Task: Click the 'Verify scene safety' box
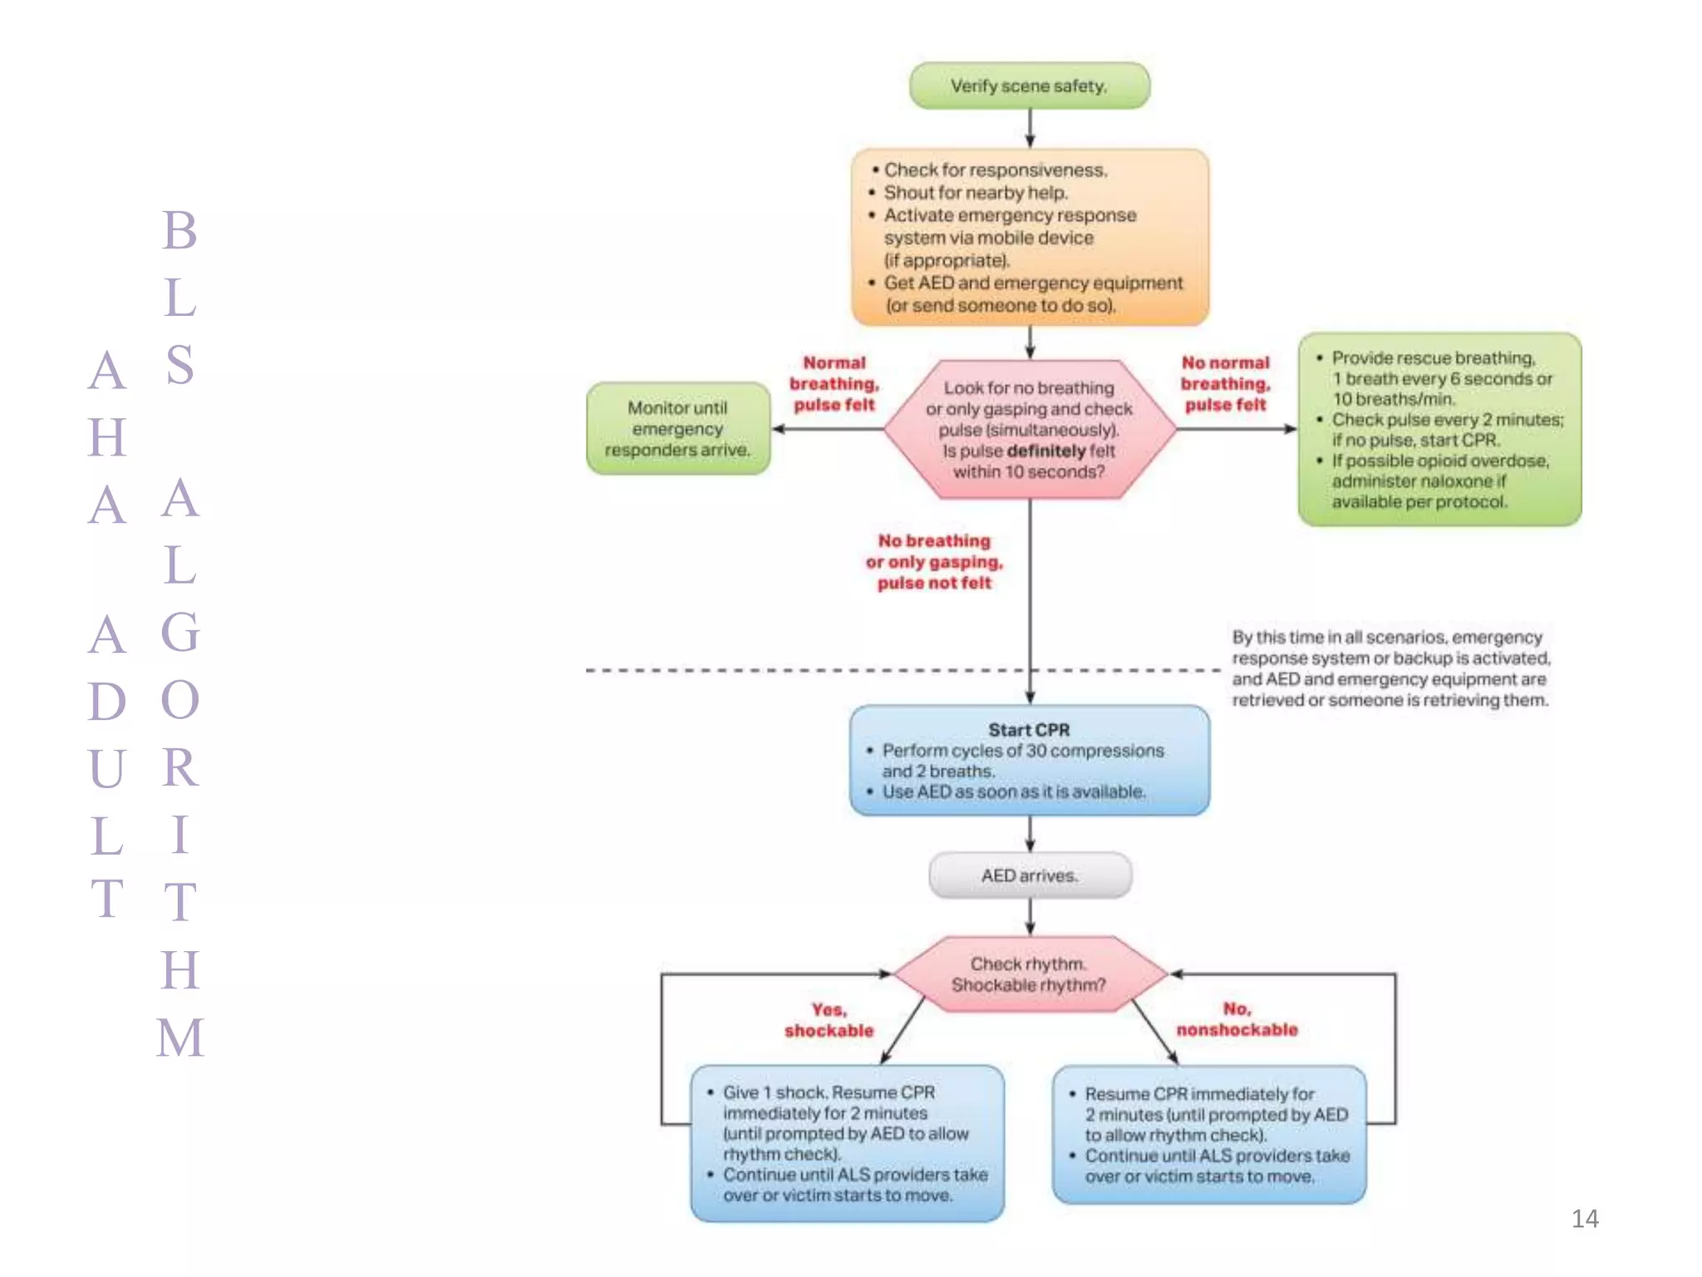coord(1029,86)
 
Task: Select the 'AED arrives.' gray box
coord(1029,875)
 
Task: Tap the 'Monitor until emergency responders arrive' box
coord(677,429)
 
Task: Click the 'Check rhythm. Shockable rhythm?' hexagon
coord(1029,974)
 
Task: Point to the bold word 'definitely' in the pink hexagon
coord(1045,451)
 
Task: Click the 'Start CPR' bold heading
coord(1029,730)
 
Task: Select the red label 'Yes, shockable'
coord(829,1020)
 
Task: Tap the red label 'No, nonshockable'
coord(1237,1019)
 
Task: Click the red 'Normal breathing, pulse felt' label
coord(834,384)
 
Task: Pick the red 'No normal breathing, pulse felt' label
coord(1225,384)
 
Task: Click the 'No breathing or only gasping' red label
coord(934,562)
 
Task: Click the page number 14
coord(1584,1219)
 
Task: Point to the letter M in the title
coord(180,1038)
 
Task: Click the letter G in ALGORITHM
coord(180,633)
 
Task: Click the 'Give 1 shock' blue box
coord(847,1143)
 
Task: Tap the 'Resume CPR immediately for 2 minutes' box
coord(1209,1135)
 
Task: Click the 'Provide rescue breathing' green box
coord(1439,430)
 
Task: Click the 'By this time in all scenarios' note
coord(1390,668)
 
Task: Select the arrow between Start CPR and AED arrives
coord(1030,834)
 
